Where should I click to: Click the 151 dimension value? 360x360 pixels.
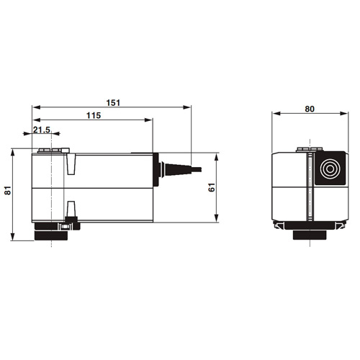tap(113, 103)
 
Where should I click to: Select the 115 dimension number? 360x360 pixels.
tap(94, 116)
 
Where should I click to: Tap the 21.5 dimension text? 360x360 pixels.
tap(42, 130)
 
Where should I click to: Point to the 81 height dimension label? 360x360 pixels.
tap(8, 190)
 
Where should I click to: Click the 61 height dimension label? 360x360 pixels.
tap(212, 187)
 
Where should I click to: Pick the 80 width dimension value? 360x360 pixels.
tap(310, 109)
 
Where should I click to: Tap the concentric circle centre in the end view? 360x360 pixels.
tap(330, 168)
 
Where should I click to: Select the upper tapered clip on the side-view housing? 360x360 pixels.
tap(71, 164)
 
